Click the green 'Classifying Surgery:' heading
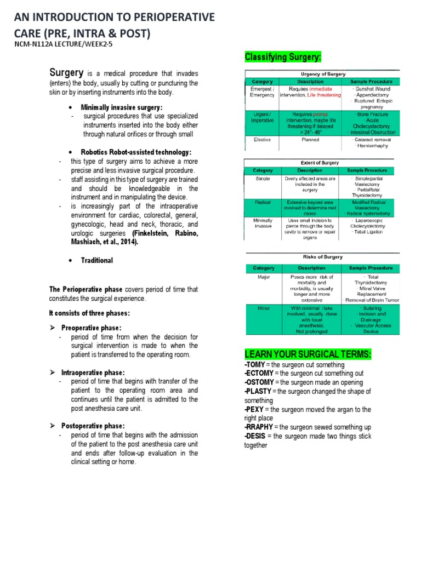point(282,58)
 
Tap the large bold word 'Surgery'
point(66,72)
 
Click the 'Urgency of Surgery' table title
point(322,73)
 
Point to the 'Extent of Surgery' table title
point(320,163)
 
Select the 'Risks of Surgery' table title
point(322,257)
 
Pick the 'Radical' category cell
point(263,202)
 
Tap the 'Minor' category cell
point(264,308)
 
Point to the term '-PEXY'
point(254,409)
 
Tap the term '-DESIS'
point(255,436)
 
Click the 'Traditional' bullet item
point(97,260)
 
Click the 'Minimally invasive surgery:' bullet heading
point(122,107)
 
